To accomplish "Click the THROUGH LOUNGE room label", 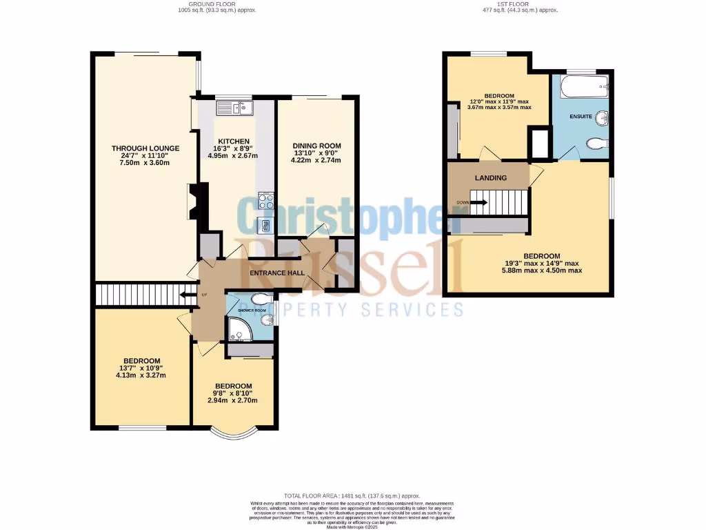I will (145, 148).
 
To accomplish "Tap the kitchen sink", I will (234, 108).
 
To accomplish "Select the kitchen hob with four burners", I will (265, 201).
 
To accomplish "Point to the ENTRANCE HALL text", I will (276, 274).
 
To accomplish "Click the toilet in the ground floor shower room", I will (261, 300).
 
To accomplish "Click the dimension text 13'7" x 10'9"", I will (141, 368).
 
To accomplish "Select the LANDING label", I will (490, 178).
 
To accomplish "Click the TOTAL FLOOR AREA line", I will (352, 496).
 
